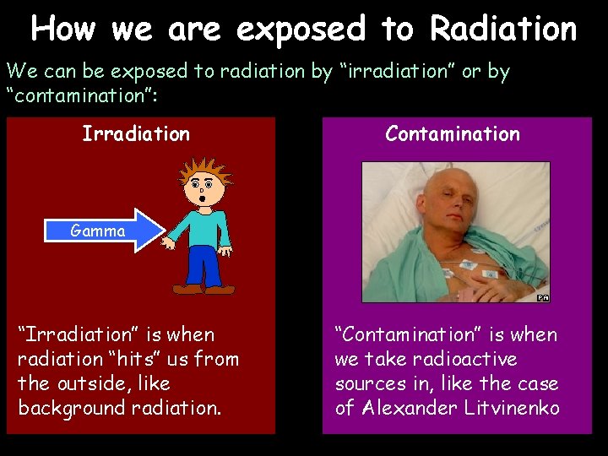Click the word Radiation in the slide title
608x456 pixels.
coord(503,29)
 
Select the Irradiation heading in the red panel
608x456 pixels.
coord(136,133)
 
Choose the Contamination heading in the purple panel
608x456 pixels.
coord(453,133)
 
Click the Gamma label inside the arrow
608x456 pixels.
coord(98,231)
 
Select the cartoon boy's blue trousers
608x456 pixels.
coord(204,265)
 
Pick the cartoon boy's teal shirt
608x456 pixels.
coord(201,226)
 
